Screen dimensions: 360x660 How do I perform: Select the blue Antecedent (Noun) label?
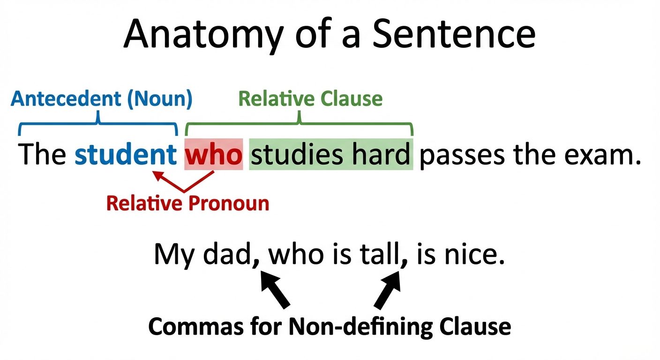(102, 99)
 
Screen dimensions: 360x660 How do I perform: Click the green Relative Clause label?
(310, 99)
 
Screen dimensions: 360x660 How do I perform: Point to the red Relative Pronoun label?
(187, 203)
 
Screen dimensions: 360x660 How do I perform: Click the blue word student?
(125, 155)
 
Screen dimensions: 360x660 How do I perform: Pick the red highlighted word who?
(214, 155)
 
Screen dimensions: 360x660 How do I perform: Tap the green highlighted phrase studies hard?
(330, 155)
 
